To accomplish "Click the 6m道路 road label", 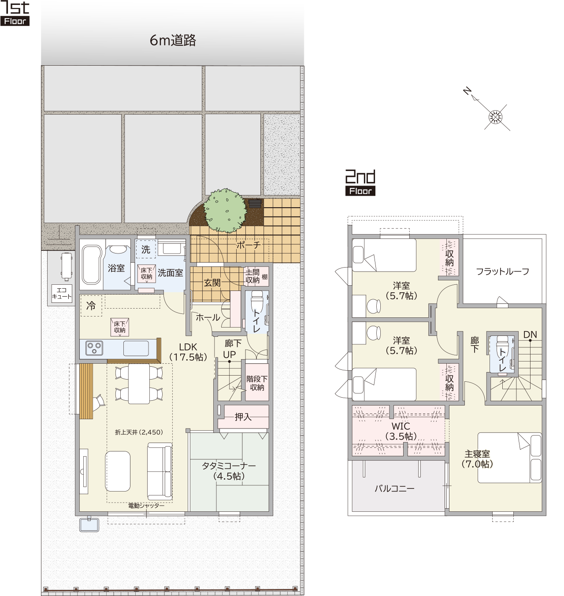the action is [x=173, y=40].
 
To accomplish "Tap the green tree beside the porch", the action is [x=225, y=210].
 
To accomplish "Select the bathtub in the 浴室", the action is [x=92, y=264].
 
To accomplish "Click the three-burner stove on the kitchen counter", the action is [x=94, y=348].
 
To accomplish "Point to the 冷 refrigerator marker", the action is [x=91, y=306].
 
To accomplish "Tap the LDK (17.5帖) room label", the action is [x=188, y=352].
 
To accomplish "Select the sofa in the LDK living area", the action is [x=160, y=471].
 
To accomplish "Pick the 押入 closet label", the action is [x=243, y=417].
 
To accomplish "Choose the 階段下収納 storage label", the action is [x=257, y=383].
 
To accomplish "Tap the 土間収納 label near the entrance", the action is [x=252, y=276].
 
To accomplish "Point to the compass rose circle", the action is [x=495, y=117].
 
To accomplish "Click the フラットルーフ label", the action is [x=502, y=271].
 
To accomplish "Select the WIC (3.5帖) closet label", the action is [x=401, y=431].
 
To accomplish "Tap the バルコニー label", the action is [x=394, y=488].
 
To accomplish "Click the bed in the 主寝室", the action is [x=509, y=458].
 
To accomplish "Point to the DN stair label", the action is [x=530, y=335].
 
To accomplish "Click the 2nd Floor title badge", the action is [x=360, y=183].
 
